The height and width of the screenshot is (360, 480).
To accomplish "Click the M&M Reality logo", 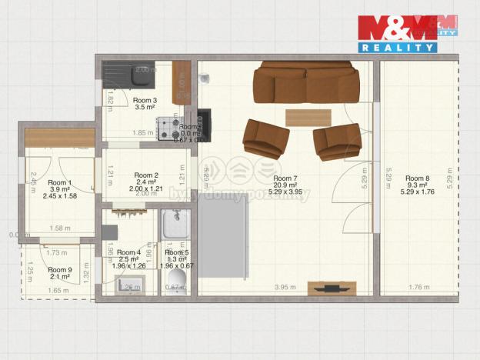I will click(x=407, y=33).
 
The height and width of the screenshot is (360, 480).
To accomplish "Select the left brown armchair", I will click(x=265, y=138).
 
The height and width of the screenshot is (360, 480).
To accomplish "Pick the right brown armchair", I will click(x=338, y=142).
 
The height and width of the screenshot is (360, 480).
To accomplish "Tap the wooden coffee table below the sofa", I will click(x=308, y=117).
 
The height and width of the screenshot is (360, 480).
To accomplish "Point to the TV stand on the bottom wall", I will click(x=331, y=288).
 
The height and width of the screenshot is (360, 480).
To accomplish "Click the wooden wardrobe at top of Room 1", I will click(x=60, y=137).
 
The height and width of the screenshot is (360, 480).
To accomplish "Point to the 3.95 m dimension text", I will click(x=285, y=288).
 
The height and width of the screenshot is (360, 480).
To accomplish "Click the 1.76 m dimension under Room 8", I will click(x=418, y=288).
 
